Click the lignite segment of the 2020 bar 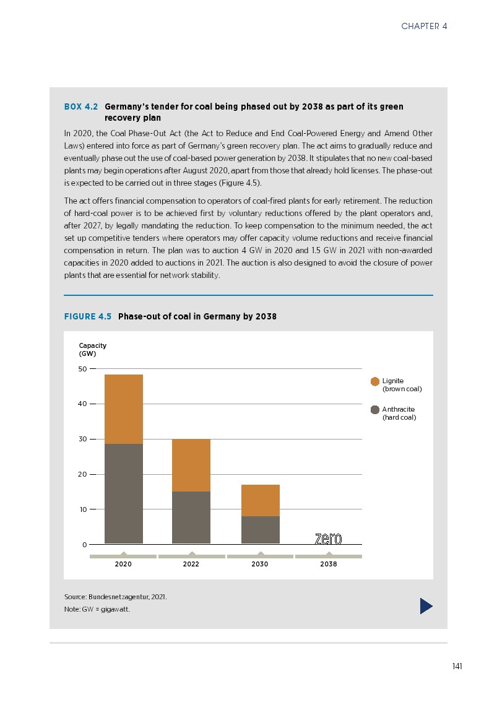click(x=124, y=409)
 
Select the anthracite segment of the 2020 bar click(x=124, y=493)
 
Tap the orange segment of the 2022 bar click(x=191, y=465)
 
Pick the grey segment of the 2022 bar click(x=191, y=518)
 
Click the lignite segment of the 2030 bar click(x=260, y=500)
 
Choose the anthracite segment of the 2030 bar click(x=260, y=530)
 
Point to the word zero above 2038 click(x=328, y=539)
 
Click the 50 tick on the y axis click(x=82, y=369)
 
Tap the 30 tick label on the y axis click(x=82, y=439)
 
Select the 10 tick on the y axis click(x=82, y=509)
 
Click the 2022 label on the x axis click(x=191, y=565)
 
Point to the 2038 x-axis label click(x=329, y=565)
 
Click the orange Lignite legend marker click(x=375, y=381)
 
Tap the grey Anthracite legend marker click(x=375, y=410)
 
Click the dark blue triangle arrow click(x=426, y=606)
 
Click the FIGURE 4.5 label click(x=88, y=316)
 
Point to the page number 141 click(x=457, y=666)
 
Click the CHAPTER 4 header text click(x=424, y=26)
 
